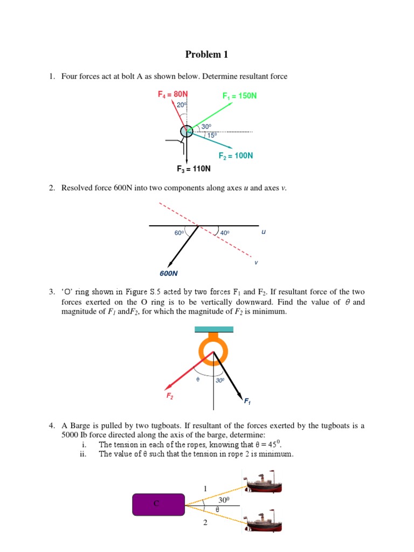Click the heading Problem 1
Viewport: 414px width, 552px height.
click(203, 54)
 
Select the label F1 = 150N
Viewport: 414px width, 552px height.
click(239, 96)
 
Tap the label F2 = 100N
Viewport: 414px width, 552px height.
click(236, 156)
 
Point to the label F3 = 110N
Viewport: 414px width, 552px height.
click(194, 169)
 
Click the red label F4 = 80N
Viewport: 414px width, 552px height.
click(172, 94)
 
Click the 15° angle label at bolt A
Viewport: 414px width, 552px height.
click(212, 136)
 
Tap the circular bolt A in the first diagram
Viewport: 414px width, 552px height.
click(186, 131)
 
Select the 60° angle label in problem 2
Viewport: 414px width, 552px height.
click(180, 233)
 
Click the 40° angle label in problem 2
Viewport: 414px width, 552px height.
click(225, 233)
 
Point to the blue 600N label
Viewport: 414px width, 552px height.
click(169, 273)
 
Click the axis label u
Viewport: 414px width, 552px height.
click(263, 232)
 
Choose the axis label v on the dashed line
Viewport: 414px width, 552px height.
click(256, 263)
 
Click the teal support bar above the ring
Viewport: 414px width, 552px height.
click(214, 329)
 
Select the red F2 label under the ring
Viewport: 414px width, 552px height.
click(169, 396)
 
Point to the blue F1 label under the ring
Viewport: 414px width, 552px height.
click(247, 402)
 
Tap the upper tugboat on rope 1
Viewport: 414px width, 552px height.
click(262, 481)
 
